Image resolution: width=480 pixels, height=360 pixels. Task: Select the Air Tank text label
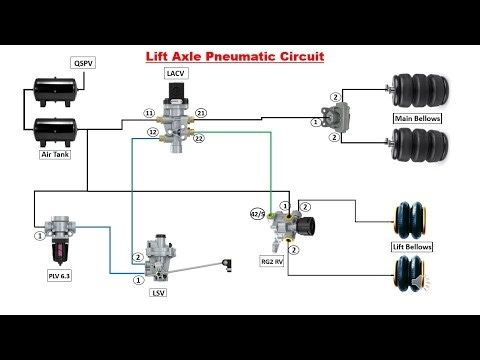click(54, 154)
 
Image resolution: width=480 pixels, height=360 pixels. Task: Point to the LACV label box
click(175, 73)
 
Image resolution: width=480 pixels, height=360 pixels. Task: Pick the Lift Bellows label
click(411, 245)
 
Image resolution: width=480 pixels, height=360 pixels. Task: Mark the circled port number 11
click(149, 113)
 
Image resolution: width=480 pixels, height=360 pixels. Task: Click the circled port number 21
click(201, 113)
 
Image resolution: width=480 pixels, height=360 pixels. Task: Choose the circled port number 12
click(153, 131)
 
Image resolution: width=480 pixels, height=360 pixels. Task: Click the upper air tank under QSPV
click(54, 91)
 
